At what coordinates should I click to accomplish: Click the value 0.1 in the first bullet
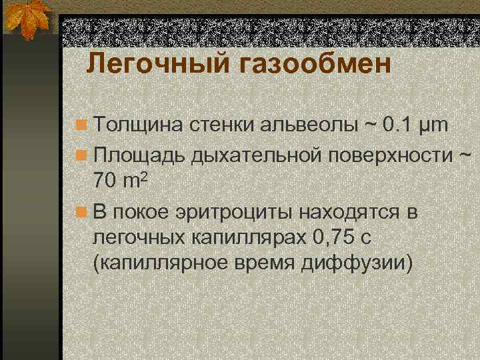(401, 125)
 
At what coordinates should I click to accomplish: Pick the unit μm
(436, 125)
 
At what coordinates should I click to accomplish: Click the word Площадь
(140, 155)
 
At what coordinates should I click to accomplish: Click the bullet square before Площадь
(81, 155)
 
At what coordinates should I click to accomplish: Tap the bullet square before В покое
(81, 213)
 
